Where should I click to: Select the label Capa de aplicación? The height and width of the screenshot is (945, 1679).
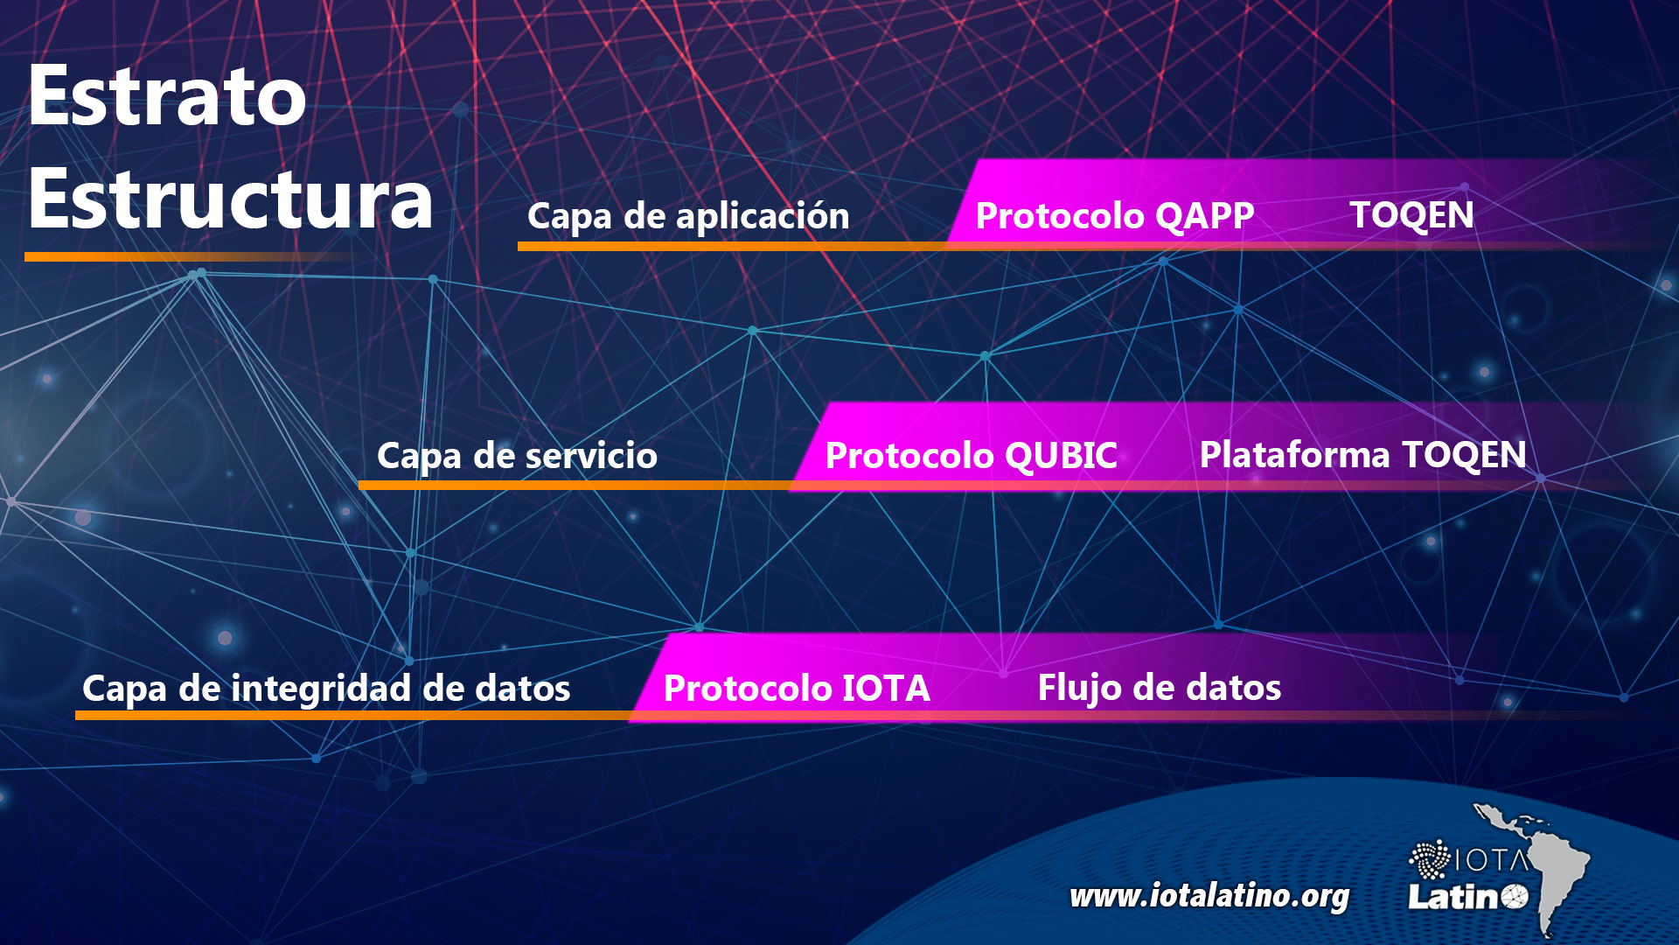coord(688,216)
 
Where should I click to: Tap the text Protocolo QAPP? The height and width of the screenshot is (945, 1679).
coord(1115,215)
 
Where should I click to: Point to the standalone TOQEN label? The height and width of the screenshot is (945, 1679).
coord(1412,215)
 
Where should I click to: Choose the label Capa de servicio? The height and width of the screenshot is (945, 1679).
coord(517,456)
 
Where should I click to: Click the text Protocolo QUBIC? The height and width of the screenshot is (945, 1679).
coord(972,455)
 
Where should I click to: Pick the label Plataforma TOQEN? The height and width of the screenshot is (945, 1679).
coord(1363,455)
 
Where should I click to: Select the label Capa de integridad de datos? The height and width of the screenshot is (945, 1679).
coord(326,689)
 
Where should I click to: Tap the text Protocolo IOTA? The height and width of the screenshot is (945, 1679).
coord(797,688)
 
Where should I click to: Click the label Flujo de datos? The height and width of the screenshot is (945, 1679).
coord(1160,688)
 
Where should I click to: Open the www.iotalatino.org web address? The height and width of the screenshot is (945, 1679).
coord(1209,896)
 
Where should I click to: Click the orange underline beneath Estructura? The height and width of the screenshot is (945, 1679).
coord(189,256)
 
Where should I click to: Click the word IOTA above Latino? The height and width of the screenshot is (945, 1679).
coord(1493,861)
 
